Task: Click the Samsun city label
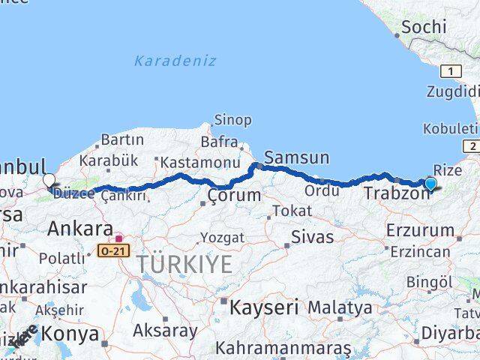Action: pyautogui.click(x=297, y=157)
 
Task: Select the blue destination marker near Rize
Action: pyautogui.click(x=430, y=184)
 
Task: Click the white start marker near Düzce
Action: pyautogui.click(x=49, y=180)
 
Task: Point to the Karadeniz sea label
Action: pyautogui.click(x=175, y=61)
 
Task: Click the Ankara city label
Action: pyautogui.click(x=79, y=229)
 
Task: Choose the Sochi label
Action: pyautogui.click(x=424, y=28)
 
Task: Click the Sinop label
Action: pyautogui.click(x=233, y=120)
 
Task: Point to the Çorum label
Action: pyautogui.click(x=234, y=196)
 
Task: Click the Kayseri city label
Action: pyautogui.click(x=264, y=307)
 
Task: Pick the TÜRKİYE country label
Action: pyautogui.click(x=184, y=264)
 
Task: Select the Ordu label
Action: pyautogui.click(x=322, y=191)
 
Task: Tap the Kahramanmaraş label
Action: pyautogui.click(x=283, y=349)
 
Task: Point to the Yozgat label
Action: pyautogui.click(x=221, y=238)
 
